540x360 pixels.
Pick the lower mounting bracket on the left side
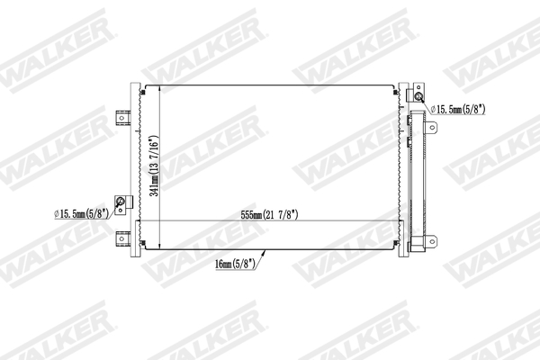[x=124, y=238]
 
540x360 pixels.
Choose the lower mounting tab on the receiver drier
[x=433, y=243]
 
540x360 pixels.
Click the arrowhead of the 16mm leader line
[x=264, y=253]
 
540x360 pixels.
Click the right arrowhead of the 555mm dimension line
[x=400, y=221]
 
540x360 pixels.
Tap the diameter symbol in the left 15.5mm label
[x=57, y=214]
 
